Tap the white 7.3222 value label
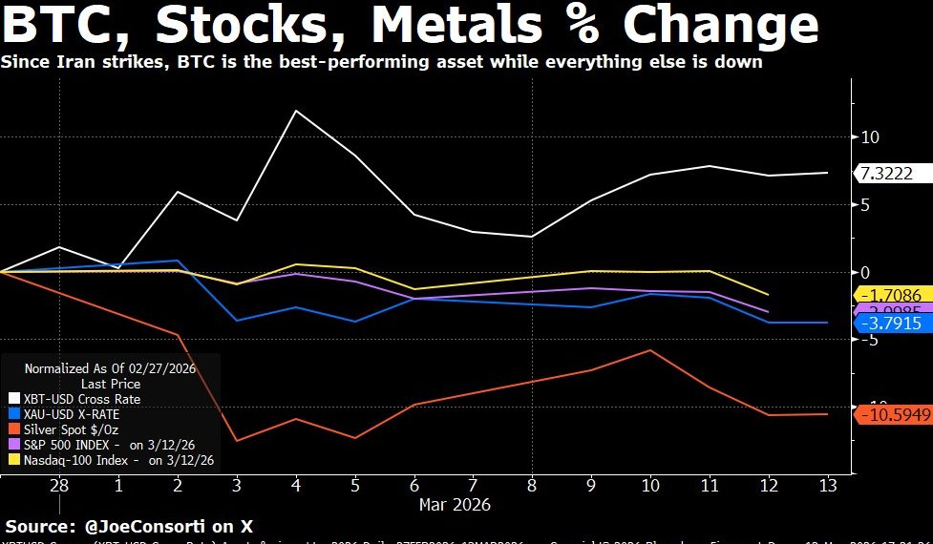885,173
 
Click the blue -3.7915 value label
889,324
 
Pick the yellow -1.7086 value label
889,296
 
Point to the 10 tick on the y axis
868,137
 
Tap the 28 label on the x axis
59,485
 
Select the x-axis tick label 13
827,485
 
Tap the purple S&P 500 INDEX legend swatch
13,445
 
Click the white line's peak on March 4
296,111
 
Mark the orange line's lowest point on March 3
237,441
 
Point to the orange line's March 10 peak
650,350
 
